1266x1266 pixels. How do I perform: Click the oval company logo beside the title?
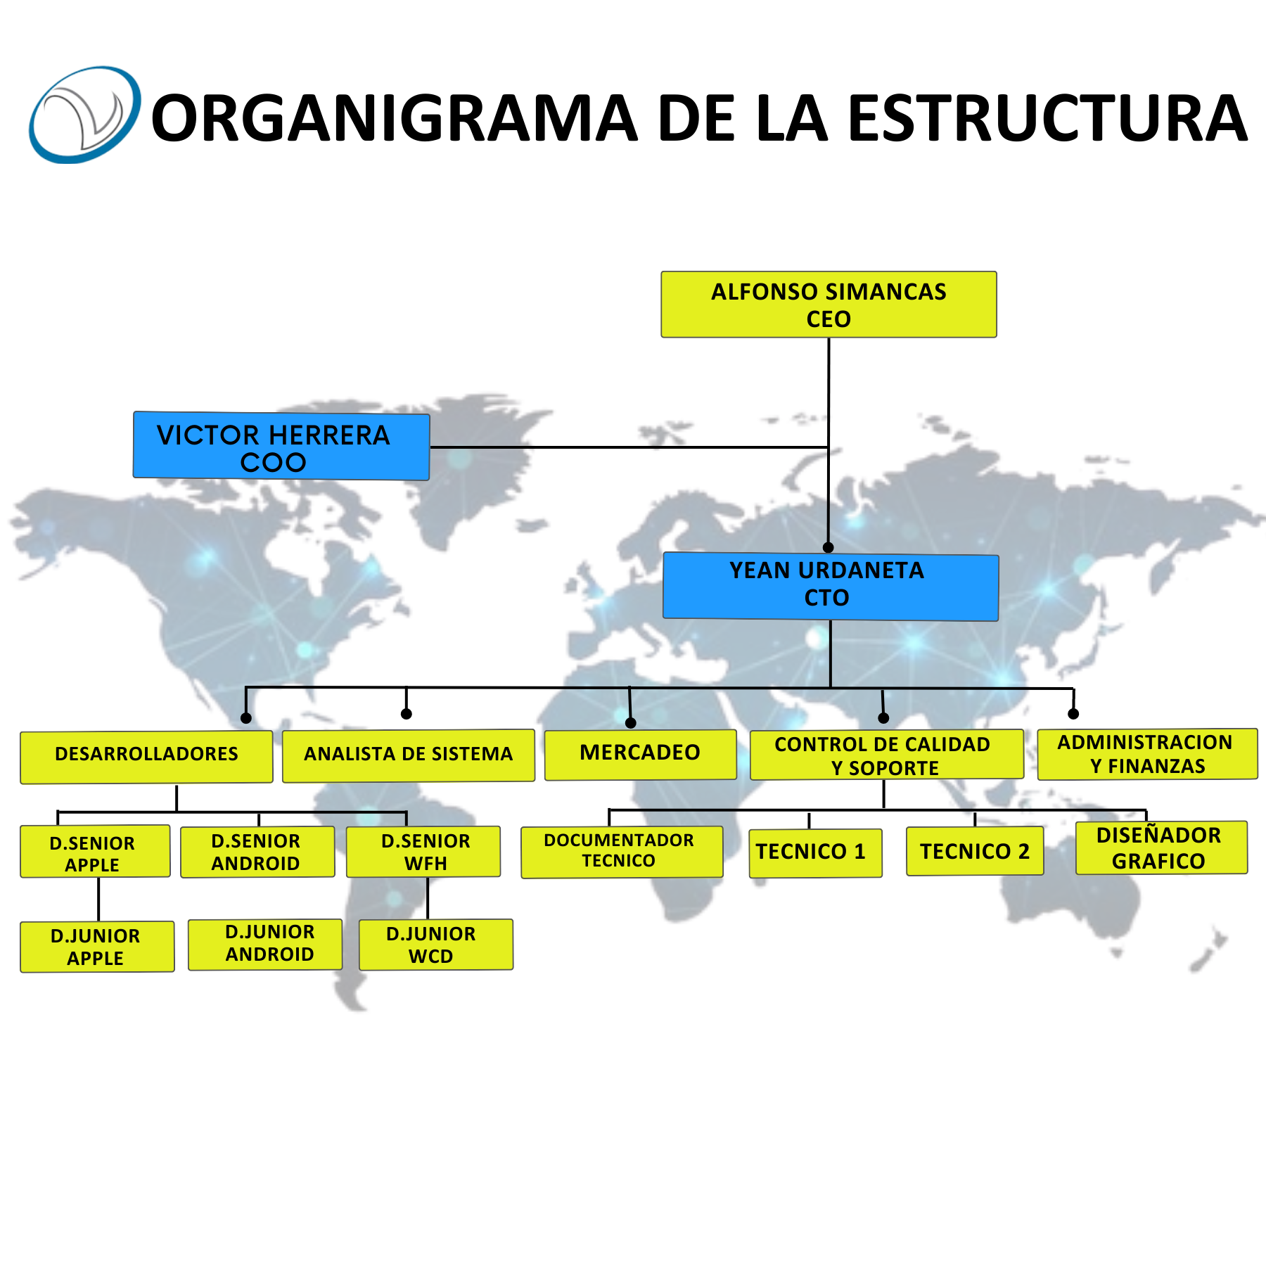84,115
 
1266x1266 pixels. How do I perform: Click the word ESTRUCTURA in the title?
1047,118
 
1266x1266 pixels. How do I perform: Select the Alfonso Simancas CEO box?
829,305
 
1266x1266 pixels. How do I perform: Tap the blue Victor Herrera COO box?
281,446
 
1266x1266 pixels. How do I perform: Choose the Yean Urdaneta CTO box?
831,587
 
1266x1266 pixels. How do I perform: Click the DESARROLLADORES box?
146,757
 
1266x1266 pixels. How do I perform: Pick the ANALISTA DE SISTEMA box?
409,756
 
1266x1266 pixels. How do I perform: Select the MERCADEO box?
641,755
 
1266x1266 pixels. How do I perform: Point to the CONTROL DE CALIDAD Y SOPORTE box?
887,755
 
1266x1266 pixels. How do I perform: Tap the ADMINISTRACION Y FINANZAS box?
1147,754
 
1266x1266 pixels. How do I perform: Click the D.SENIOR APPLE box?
95,851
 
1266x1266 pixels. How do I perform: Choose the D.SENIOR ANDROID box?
257,852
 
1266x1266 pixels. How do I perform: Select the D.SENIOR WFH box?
423,852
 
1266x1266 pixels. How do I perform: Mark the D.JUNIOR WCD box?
436,945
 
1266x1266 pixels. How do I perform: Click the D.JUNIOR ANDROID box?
265,945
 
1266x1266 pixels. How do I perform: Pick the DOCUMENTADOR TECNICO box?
622,852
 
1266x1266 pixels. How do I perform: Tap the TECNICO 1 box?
815,853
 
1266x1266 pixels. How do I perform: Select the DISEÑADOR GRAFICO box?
1161,848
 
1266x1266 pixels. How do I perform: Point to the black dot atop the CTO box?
829,547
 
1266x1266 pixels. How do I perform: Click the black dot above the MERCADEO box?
631,723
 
